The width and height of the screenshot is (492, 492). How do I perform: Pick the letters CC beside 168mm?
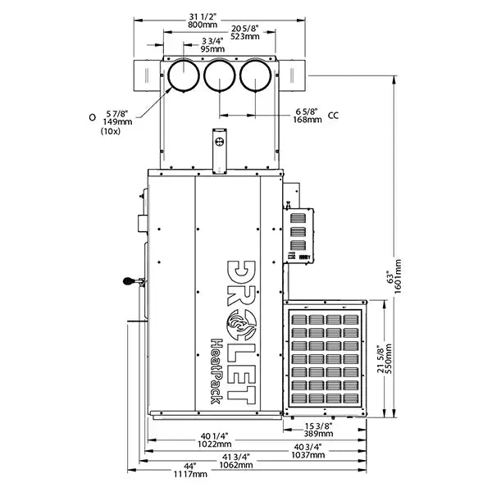pyautogui.click(x=333, y=116)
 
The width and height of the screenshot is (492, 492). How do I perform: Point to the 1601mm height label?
pyautogui.click(x=399, y=275)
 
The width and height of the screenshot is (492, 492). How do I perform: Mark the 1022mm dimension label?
pyautogui.click(x=215, y=443)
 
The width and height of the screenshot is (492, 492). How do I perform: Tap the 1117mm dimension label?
pyautogui.click(x=190, y=473)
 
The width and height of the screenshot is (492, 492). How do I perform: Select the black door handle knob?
pyautogui.click(x=127, y=281)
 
